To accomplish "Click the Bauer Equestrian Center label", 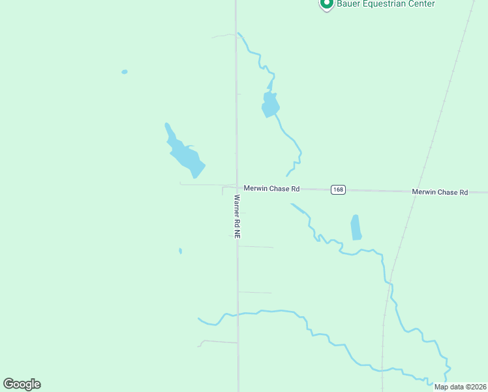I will coord(386,4).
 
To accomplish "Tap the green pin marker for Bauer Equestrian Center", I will coord(326,3).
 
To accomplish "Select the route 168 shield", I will coord(337,190).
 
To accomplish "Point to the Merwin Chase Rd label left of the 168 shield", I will coord(271,189).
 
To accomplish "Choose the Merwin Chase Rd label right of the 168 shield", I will coord(440,192).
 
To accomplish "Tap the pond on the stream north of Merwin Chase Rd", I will coord(270,105).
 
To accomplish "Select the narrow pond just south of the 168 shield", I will coord(356,227).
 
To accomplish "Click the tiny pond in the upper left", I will coord(125,72).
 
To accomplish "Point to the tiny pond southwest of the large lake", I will coord(180,251).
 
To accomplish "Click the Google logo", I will coord(22,384).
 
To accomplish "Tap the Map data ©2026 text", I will coord(461,387).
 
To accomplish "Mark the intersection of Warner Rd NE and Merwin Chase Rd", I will coord(236,187).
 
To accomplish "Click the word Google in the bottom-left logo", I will coord(22,384).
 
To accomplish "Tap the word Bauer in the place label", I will coord(347,4).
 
